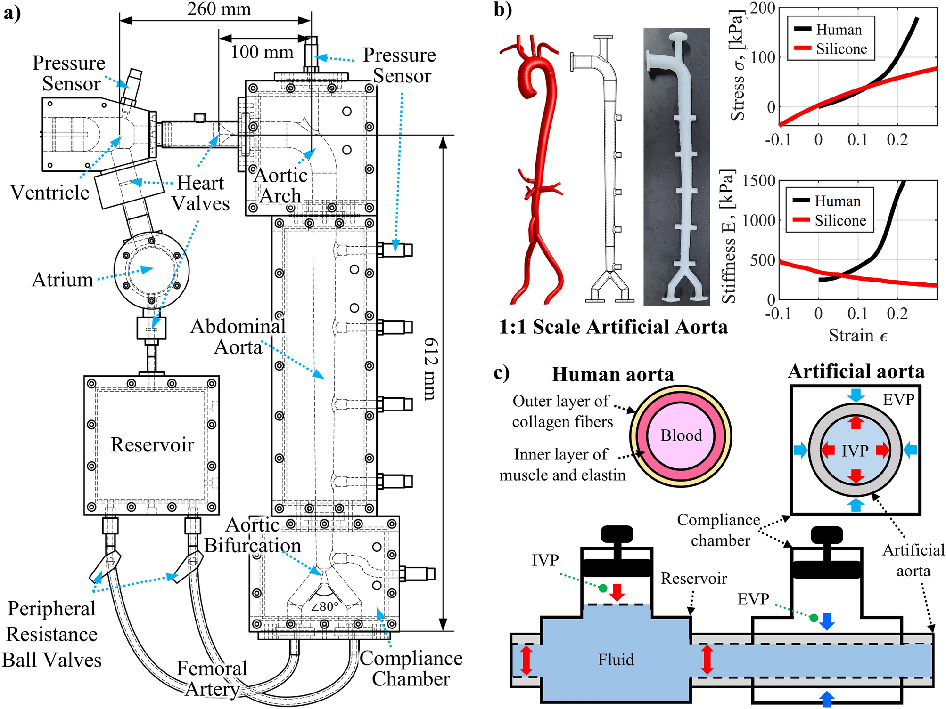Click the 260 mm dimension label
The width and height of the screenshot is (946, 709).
219,8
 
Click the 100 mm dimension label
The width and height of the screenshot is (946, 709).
262,52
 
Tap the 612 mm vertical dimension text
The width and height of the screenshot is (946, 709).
431,369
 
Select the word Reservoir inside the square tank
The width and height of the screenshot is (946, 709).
152,445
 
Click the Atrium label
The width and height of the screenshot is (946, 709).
63,280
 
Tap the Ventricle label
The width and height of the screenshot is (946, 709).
50,193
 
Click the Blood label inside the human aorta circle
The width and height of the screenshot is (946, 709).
681,435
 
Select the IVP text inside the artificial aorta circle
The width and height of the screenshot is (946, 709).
855,451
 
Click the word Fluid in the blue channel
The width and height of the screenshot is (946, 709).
616,660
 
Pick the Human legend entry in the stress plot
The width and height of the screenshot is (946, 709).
839,30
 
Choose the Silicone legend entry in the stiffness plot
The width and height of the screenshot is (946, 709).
840,220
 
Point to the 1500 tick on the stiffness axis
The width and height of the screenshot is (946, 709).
759,181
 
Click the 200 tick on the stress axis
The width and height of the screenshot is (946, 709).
763,8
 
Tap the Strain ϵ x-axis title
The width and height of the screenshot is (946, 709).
858,336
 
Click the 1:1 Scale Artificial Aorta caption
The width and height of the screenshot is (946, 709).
613,327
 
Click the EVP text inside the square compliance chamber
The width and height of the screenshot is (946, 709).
898,400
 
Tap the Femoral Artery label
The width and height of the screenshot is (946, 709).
212,679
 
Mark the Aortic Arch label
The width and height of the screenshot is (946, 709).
281,185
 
